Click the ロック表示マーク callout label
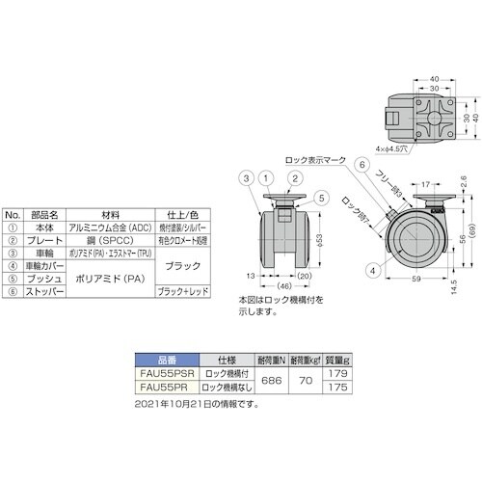point(312,159)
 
